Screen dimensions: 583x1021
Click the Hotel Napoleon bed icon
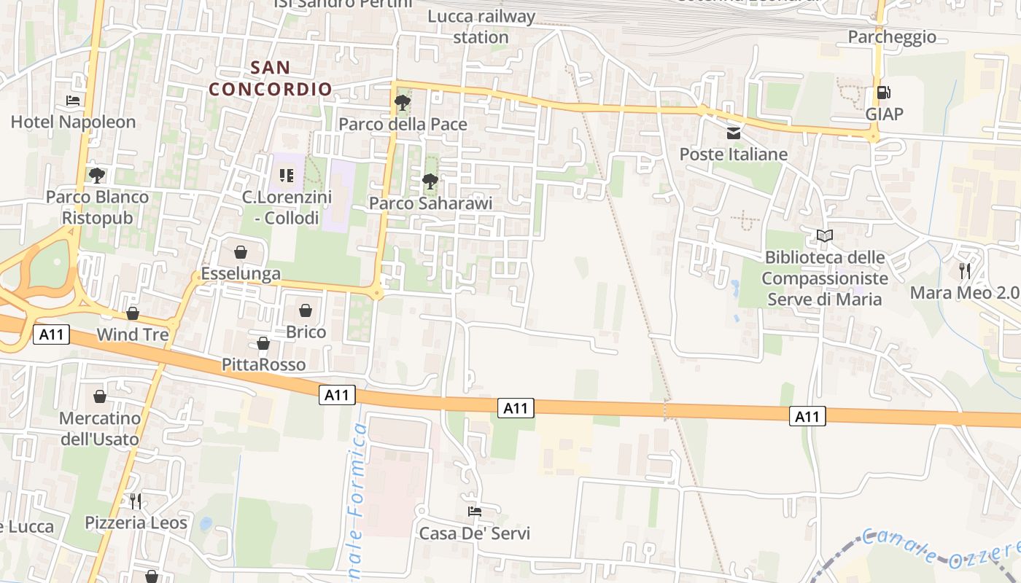pos(73,101)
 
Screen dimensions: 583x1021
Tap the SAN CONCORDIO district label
pos(271,79)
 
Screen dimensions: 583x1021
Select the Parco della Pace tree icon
pos(402,103)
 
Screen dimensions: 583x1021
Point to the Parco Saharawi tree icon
pos(430,181)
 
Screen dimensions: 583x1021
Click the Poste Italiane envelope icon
pos(734,133)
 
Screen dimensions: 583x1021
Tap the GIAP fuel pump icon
pos(884,93)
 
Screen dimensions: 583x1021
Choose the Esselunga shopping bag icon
pos(241,253)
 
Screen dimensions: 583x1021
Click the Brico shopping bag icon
pos(306,311)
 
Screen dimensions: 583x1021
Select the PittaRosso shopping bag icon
pos(263,343)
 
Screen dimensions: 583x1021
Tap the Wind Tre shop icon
pos(133,313)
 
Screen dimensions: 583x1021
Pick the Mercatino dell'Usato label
pos(99,429)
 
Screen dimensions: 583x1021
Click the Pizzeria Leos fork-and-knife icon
pos(136,501)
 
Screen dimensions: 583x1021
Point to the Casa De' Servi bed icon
pos(474,512)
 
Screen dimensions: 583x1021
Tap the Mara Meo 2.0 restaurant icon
pos(965,271)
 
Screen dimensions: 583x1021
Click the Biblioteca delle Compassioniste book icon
pos(825,236)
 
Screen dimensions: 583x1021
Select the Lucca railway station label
pos(481,26)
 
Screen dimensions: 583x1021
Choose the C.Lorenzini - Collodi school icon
pos(287,176)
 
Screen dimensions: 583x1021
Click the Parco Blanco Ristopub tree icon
pos(96,175)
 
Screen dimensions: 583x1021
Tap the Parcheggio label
pos(892,36)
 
